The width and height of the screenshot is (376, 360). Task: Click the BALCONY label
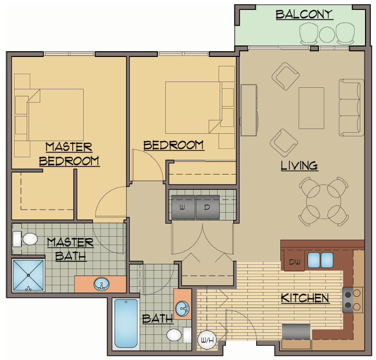[304, 15]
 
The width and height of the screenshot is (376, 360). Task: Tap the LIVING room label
[299, 166]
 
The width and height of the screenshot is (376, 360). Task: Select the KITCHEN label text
[305, 298]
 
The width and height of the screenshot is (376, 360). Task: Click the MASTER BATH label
[70, 249]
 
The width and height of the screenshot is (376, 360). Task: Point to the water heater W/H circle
[204, 340]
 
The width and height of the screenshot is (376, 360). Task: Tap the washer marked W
[183, 207]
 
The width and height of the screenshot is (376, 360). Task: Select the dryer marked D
[207, 207]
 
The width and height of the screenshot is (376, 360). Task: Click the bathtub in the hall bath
[126, 323]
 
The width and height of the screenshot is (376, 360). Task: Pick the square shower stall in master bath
[28, 275]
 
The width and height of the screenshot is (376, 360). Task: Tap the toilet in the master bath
[25, 239]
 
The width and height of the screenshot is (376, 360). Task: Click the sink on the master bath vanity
[101, 285]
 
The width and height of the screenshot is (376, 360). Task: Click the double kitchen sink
[320, 259]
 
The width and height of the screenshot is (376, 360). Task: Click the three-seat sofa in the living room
[351, 107]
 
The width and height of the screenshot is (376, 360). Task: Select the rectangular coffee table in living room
[311, 108]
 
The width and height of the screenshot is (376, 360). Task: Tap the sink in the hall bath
[183, 309]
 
